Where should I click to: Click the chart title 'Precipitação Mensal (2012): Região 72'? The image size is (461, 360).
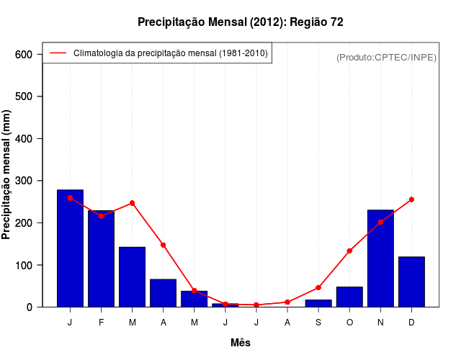tap(240, 22)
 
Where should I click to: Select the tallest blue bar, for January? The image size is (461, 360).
tap(70, 248)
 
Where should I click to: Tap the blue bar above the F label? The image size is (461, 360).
tap(101, 259)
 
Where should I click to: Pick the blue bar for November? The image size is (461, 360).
tap(380, 258)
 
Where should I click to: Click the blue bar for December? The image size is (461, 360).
tap(411, 282)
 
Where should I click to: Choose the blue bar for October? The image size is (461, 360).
tap(349, 297)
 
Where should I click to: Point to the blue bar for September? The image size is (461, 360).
tap(318, 303)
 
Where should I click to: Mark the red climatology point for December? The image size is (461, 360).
tap(411, 199)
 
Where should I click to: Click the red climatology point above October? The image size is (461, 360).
tap(349, 251)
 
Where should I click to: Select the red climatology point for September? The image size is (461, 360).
tap(318, 287)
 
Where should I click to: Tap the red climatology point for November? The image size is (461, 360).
tap(380, 222)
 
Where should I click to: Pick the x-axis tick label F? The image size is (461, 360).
tap(101, 323)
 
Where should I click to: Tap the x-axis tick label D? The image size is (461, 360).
tap(411, 323)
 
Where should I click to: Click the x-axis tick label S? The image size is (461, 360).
tap(318, 323)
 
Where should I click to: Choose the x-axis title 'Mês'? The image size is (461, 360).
tap(241, 343)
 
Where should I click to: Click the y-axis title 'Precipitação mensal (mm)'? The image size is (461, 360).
tap(7, 174)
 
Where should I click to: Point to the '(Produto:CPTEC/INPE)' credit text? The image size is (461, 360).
tap(386, 57)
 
